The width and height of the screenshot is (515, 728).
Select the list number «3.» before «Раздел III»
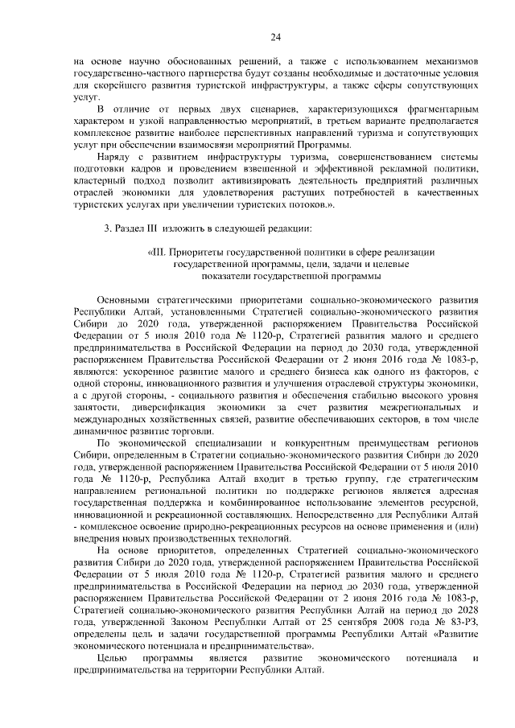(109, 228)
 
